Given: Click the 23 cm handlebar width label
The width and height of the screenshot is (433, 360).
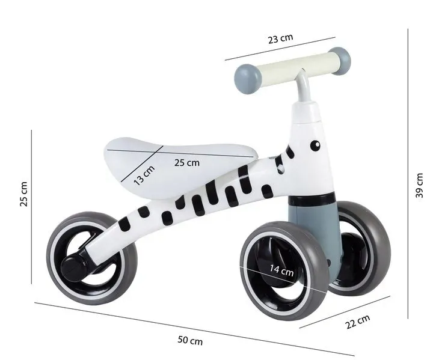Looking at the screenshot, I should [280, 38].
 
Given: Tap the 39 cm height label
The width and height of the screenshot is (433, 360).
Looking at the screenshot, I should [420, 185].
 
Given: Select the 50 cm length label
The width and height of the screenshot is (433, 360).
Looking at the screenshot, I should [190, 341].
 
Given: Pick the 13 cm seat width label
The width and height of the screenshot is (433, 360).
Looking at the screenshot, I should [144, 175].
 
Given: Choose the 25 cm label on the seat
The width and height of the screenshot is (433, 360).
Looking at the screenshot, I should [187, 163].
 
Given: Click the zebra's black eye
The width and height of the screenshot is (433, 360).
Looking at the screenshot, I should [314, 144].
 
